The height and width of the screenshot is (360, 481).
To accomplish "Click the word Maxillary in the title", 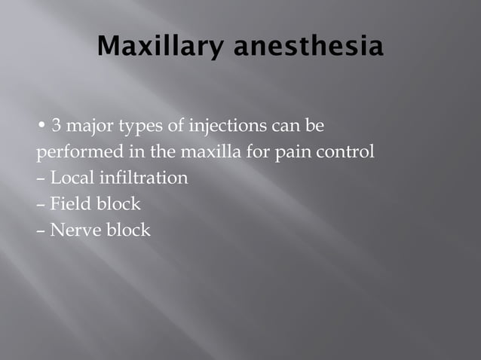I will point(161,48).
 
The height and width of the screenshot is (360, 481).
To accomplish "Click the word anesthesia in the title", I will point(308,48).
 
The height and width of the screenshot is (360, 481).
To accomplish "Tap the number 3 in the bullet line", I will point(56,124).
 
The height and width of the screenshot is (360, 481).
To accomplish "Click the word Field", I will point(69,204).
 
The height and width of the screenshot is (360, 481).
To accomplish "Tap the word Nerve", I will point(73,230).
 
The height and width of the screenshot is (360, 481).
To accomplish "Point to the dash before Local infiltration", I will point(41,179).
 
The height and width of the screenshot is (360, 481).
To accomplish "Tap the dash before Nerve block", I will point(41,230).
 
